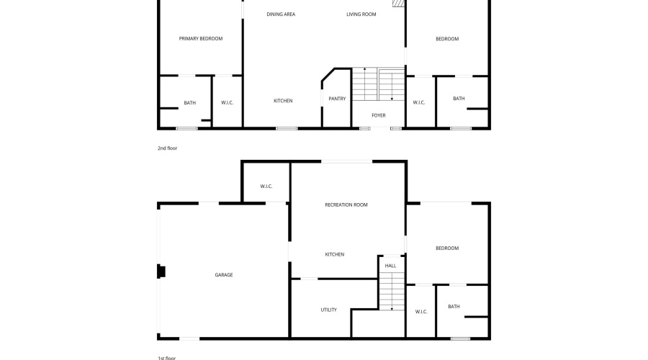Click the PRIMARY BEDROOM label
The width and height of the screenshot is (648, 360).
(201, 38)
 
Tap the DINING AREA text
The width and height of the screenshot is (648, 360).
(281, 14)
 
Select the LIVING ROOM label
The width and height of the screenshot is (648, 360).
(361, 14)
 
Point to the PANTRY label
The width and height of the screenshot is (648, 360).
(337, 99)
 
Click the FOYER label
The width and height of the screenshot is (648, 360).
(379, 115)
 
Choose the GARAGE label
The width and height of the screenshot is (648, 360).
(224, 275)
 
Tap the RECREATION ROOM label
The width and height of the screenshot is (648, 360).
(346, 204)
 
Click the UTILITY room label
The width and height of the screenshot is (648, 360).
(329, 310)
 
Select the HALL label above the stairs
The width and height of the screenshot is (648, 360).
(390, 266)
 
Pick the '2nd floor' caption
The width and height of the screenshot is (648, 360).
(167, 148)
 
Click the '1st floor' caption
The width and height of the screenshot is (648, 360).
(166, 358)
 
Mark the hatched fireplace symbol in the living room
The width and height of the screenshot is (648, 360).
(398, 4)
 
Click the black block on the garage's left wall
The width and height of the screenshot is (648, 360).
(161, 271)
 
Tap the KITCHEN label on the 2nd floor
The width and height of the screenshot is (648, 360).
(283, 101)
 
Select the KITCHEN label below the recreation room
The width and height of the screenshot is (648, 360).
(335, 255)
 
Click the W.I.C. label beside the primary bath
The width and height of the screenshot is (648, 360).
(228, 102)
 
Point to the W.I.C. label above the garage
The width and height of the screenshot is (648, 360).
(266, 186)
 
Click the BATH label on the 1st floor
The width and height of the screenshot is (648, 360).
(454, 307)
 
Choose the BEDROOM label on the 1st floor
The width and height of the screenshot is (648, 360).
(447, 248)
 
